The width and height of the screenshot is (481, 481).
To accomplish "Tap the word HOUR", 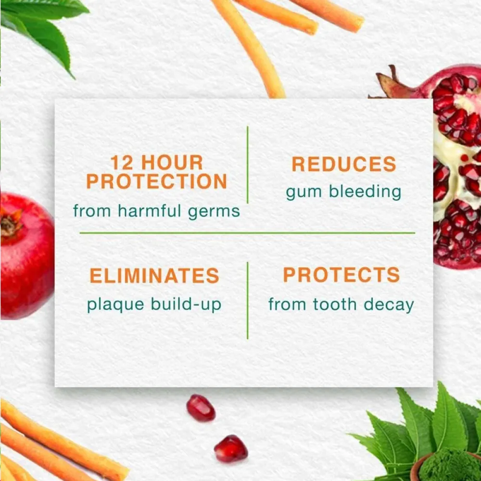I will (174, 163).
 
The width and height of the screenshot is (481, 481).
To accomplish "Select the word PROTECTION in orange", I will (156, 181).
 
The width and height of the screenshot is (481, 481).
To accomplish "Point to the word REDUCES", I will (343, 165).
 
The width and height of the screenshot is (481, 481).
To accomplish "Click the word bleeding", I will (365, 191).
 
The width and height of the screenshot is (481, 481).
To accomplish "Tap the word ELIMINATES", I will (154, 276).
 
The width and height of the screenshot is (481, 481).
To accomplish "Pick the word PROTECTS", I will (342, 275).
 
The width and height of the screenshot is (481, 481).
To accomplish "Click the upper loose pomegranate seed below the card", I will (201, 408).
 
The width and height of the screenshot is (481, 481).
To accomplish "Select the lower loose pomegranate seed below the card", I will (231, 448).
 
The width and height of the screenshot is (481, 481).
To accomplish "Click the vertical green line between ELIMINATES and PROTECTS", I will (247, 300).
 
